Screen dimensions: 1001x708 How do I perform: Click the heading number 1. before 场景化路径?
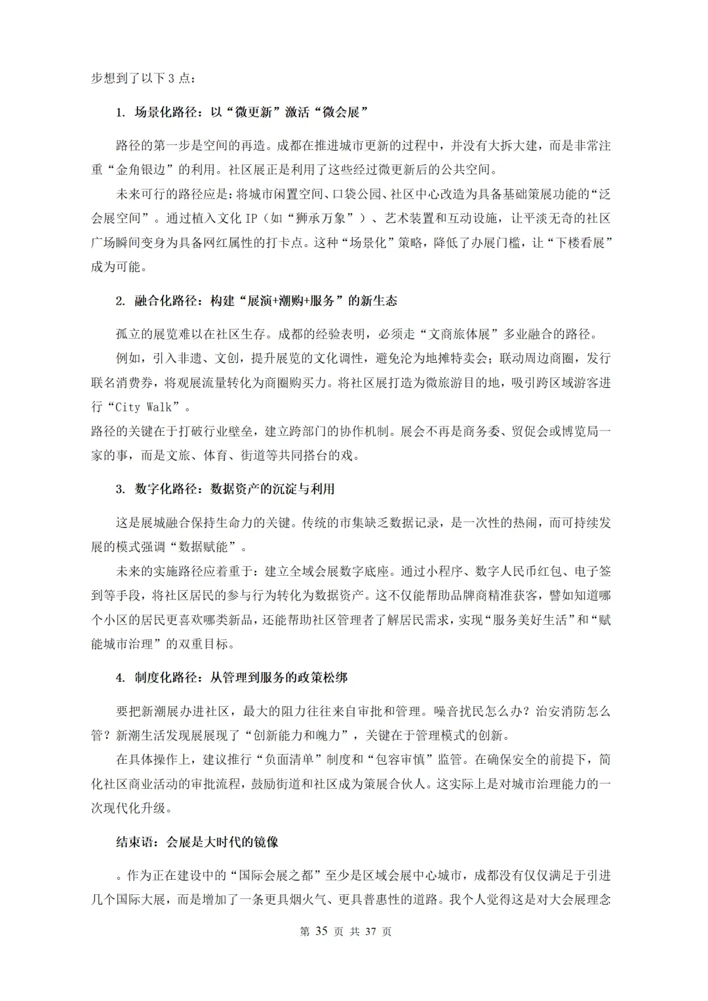click(121, 112)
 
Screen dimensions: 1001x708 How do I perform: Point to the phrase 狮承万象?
click(324, 218)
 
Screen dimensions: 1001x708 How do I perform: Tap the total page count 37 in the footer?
click(370, 931)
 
